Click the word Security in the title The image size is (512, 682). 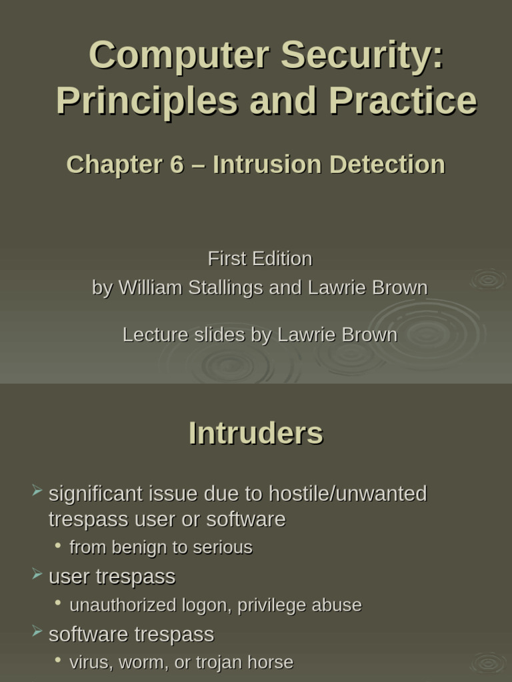361,55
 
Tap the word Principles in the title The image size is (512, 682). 147,101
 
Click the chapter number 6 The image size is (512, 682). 177,165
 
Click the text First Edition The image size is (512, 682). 260,258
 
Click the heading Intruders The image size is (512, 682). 256,434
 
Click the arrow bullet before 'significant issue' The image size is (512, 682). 37,492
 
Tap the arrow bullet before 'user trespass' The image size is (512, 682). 37,575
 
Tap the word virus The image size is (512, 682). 86,663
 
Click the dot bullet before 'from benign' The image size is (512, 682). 59,546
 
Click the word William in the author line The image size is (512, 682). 151,288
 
